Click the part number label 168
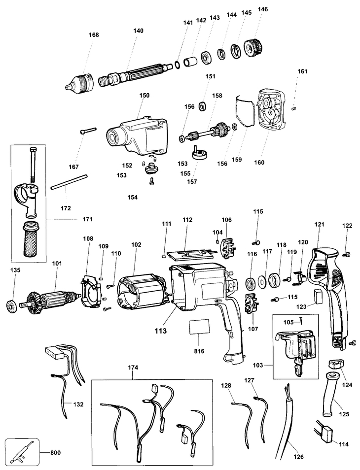[94, 35]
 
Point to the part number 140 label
[138, 31]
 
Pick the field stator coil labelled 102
[142, 289]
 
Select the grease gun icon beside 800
[22, 452]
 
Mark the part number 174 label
[133, 368]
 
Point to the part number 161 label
[302, 71]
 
